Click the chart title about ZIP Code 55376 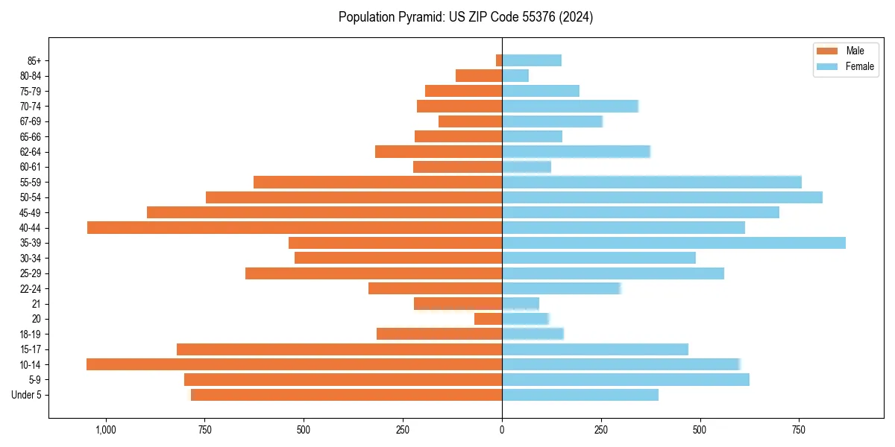[465, 17]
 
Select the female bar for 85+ [532, 60]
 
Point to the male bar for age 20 [488, 319]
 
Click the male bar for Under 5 [346, 395]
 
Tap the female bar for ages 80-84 [515, 76]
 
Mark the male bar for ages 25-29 [374, 273]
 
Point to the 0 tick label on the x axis [502, 430]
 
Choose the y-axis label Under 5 [27, 395]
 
